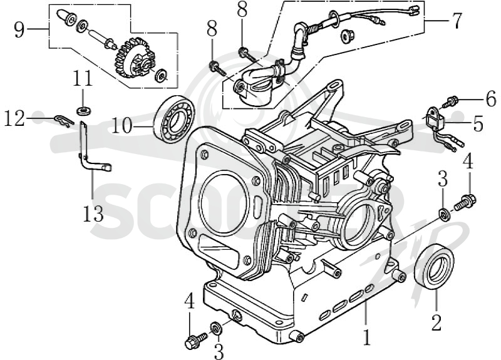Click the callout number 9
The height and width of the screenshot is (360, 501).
[x=19, y=29]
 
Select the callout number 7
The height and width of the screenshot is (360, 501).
[x=457, y=21]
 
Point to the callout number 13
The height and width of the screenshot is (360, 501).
[x=93, y=213]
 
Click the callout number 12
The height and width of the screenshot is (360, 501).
[x=14, y=118]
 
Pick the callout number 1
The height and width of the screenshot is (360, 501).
[x=367, y=337]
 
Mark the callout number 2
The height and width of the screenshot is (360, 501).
[x=436, y=322]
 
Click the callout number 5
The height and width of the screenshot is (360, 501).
[x=478, y=123]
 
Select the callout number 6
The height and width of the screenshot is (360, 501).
[x=491, y=100]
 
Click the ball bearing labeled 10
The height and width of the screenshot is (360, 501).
[x=175, y=119]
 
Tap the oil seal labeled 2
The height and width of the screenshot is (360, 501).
[x=434, y=267]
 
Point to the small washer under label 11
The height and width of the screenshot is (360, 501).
[x=84, y=111]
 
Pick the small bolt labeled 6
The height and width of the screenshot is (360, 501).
[x=450, y=101]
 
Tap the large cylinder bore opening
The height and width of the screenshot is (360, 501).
[x=223, y=202]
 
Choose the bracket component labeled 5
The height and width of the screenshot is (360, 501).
[x=435, y=119]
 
